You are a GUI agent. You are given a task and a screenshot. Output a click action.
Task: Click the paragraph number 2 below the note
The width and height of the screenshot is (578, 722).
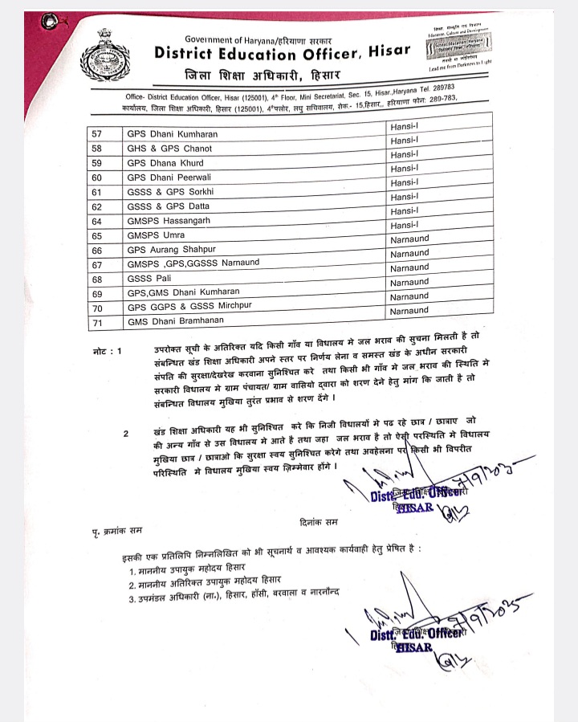click(x=125, y=434)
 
